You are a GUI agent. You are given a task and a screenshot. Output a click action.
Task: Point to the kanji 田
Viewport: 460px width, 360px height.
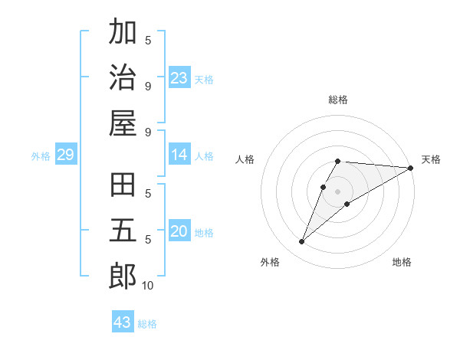(123, 187)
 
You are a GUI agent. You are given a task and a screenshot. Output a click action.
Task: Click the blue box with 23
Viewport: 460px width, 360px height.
(179, 78)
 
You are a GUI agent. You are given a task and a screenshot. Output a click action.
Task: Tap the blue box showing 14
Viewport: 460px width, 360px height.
(179, 155)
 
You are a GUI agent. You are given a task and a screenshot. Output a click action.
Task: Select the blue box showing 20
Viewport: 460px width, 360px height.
(179, 232)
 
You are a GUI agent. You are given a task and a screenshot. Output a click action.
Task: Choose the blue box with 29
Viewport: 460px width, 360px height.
(66, 155)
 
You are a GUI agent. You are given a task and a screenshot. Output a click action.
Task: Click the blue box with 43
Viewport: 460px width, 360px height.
(123, 322)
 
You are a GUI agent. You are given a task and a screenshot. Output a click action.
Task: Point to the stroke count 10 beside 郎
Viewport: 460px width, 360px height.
(147, 286)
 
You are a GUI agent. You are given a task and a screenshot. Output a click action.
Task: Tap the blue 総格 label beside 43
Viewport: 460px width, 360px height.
(147, 324)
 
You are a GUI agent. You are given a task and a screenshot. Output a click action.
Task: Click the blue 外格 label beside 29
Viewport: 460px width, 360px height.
(41, 157)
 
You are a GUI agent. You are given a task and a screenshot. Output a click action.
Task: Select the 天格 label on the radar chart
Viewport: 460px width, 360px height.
(431, 159)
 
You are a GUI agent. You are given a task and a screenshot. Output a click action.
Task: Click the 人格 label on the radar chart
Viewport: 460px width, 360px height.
(245, 159)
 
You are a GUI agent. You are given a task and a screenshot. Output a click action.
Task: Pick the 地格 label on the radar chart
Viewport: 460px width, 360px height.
(402, 262)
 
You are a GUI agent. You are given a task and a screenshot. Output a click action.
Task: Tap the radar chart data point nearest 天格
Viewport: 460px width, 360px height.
(411, 168)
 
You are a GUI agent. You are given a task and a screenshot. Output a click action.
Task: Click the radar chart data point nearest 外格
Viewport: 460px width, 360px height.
(302, 242)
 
